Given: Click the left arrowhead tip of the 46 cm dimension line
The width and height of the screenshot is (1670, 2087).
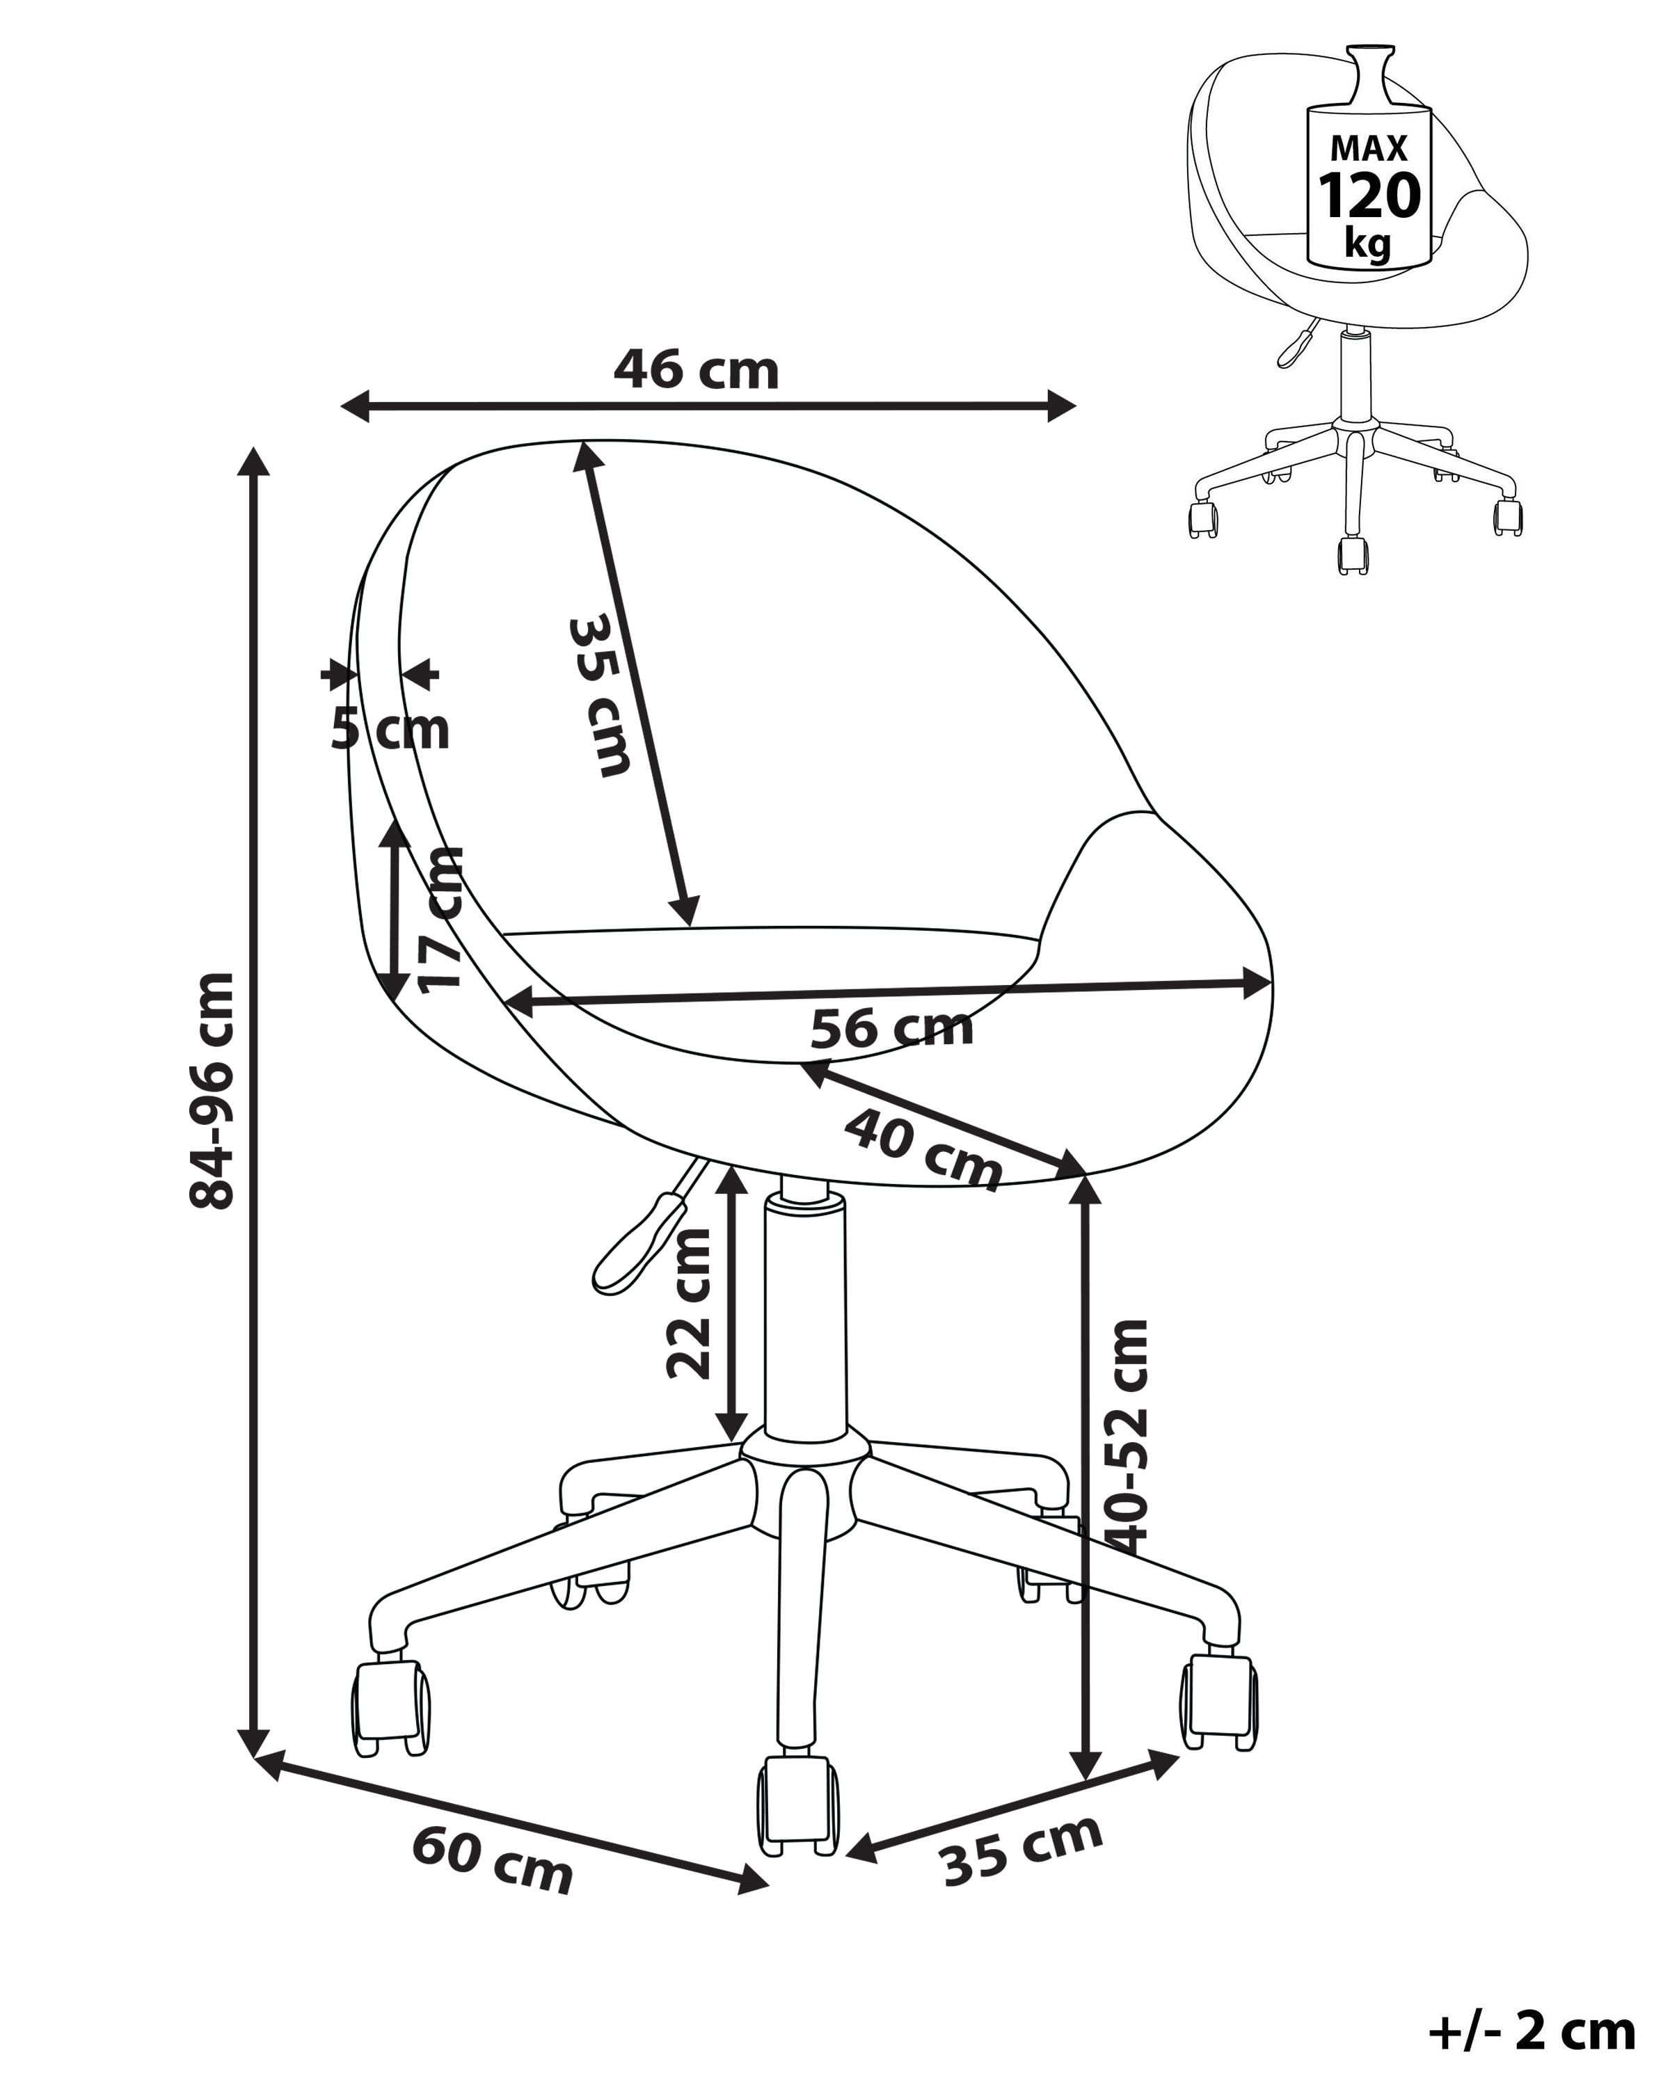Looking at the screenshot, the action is click(342, 406).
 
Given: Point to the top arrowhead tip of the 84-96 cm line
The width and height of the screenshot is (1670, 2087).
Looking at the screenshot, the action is click(255, 448).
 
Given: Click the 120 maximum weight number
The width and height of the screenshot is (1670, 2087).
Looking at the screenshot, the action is click(1369, 195).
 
